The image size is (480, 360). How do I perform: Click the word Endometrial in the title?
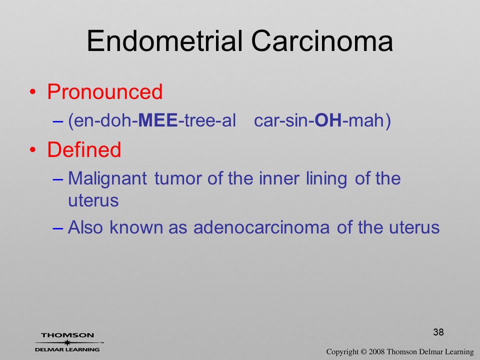[165, 41]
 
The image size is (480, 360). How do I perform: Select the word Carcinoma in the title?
[322, 41]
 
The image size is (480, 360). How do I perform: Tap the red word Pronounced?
[104, 92]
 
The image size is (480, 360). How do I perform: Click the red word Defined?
[84, 149]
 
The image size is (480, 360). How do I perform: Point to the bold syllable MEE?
[158, 120]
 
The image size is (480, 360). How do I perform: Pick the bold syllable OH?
[328, 120]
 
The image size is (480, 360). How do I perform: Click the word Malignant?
[107, 179]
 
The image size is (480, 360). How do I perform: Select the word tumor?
[177, 178]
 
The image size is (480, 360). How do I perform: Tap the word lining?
[326, 179]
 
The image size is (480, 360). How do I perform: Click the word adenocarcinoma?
[261, 227]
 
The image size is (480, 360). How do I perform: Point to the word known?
[136, 227]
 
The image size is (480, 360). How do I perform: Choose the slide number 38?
[438, 332]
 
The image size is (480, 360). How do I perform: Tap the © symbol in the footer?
[363, 352]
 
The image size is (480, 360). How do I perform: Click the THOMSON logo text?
[67, 335]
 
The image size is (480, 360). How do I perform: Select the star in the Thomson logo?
[67, 342]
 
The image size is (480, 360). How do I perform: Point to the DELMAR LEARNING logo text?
[67, 349]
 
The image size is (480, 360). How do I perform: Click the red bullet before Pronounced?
[32, 92]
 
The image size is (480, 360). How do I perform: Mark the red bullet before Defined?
[32, 149]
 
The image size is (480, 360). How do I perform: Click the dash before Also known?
[58, 228]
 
